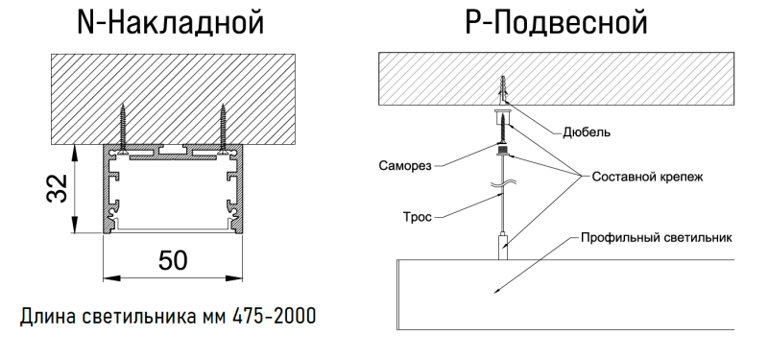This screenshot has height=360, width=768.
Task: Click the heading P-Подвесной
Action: pos(554,22)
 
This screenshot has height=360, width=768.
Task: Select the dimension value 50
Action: pos(173,260)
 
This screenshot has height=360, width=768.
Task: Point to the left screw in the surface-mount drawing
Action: pos(124,127)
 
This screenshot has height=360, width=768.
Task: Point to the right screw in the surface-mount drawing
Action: pos(222,127)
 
